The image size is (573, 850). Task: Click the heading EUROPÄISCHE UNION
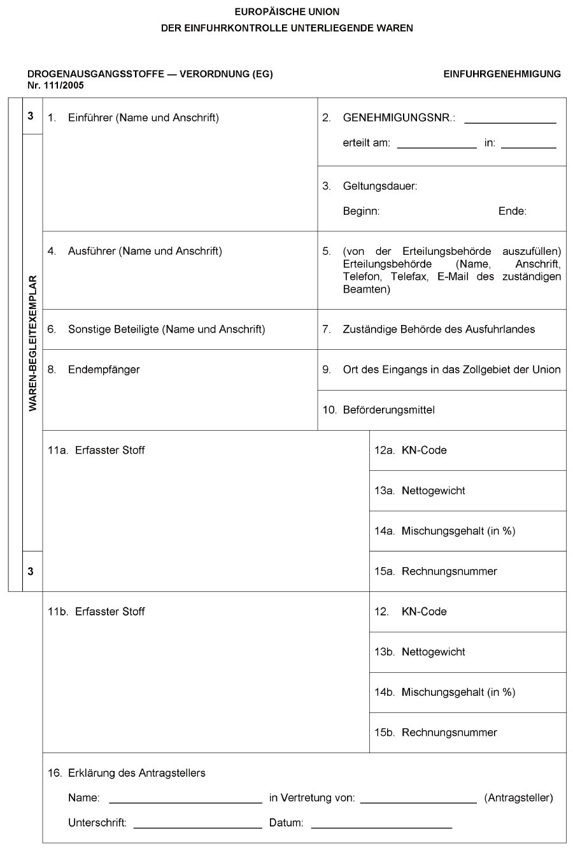pos(286,11)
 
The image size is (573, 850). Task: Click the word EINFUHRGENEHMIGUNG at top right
pos(502,74)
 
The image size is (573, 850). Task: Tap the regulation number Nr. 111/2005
pos(55,85)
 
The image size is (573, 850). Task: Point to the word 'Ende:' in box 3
pos(512,212)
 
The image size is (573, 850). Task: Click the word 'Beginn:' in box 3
pos(361,212)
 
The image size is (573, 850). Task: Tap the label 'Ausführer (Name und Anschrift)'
pos(145,251)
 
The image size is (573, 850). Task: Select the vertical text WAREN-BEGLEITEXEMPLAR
pos(32,343)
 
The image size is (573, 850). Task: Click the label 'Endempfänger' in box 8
pos(104,370)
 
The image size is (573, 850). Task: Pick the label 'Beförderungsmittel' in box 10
pos(388,410)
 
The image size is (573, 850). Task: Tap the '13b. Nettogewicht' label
pos(420,652)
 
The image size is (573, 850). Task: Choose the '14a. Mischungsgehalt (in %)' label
pos(444,531)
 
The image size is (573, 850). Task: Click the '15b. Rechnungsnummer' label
pos(435,733)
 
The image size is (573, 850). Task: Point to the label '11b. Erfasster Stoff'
pos(97,612)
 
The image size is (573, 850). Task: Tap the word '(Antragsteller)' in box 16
pos(518,798)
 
